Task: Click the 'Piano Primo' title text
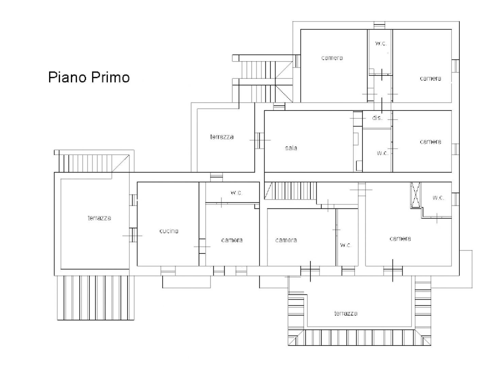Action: (89, 78)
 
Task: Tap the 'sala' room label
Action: (291, 148)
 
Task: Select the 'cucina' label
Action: (169, 231)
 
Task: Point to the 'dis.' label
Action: (377, 118)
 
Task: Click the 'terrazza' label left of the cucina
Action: (99, 218)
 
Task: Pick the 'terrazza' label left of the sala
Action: (222, 137)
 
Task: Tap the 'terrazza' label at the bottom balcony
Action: (346, 314)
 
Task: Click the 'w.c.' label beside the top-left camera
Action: (381, 43)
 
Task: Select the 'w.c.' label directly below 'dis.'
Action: (382, 153)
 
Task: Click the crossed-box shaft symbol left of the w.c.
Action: (415, 195)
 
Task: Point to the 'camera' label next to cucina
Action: (232, 240)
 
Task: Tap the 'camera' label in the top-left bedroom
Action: (332, 58)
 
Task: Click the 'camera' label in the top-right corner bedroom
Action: (430, 79)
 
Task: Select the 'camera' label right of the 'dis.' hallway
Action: (430, 142)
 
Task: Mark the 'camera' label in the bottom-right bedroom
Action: (400, 238)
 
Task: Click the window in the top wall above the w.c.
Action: (379, 25)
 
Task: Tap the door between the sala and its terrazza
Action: (259, 140)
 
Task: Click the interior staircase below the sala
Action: (291, 191)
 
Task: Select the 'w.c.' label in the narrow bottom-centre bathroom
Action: (346, 245)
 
